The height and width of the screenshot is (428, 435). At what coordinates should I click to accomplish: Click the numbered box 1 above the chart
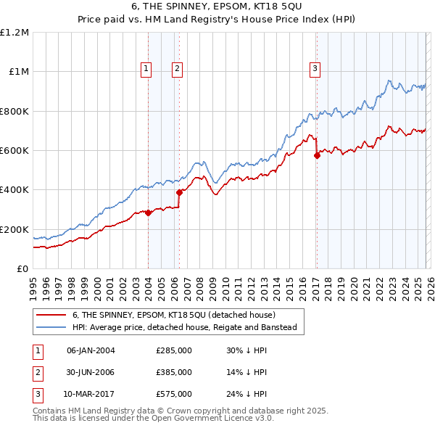146,69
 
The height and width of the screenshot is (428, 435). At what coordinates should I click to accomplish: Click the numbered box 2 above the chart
177,69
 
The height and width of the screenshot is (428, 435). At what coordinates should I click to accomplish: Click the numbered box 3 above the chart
315,69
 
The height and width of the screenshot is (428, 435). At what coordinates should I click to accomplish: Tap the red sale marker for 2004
148,213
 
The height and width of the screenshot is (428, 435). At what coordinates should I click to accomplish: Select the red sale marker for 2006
179,192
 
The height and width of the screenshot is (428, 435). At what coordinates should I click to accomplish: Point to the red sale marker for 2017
317,155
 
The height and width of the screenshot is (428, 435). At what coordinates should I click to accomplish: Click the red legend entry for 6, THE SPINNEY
173,315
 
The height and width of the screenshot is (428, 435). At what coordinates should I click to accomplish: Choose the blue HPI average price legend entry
185,327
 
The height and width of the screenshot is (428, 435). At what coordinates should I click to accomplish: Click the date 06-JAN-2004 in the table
91,350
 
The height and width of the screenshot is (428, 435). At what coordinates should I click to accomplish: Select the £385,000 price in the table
173,372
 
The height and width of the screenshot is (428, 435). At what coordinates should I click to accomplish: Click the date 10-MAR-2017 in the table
91,394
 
